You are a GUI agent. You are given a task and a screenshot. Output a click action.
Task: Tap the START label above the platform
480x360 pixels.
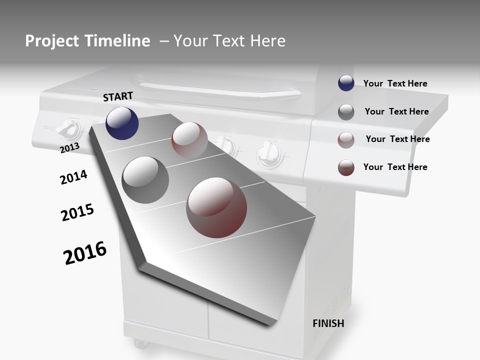118,96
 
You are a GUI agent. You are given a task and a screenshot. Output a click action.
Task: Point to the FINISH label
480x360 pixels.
328,323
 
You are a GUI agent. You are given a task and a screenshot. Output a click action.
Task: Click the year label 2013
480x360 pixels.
69,147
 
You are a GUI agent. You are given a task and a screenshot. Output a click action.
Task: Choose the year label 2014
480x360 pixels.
73,177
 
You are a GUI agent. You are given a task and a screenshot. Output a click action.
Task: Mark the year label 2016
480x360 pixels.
85,252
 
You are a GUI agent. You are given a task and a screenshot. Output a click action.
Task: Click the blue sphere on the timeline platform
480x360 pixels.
122,123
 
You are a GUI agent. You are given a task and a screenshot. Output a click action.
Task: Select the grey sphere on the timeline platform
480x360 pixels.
145,179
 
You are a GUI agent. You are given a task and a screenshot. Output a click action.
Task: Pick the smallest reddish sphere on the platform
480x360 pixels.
189,140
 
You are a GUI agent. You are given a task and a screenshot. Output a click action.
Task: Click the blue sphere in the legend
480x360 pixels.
346,83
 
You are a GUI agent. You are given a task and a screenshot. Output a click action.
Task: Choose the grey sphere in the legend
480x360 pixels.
346,112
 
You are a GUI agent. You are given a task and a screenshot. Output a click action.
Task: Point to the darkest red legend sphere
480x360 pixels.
346,167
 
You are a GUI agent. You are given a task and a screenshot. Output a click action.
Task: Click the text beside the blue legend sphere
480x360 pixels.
395,83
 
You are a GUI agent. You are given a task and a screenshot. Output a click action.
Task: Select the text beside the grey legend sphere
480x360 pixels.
396,111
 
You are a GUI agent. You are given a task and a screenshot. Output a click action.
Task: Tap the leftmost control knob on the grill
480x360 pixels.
68,130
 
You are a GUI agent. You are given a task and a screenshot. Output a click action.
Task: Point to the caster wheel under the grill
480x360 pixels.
140,344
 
